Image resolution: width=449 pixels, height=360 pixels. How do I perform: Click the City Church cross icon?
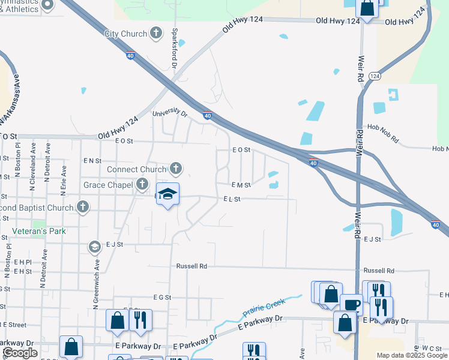pos(156,34)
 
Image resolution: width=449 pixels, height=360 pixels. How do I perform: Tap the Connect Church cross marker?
pos(176,169)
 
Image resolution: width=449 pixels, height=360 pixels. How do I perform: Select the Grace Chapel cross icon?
pos(142,184)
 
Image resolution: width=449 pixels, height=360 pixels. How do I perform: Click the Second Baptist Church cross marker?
pos(83,207)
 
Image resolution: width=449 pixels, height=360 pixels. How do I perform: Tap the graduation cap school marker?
pos(168,194)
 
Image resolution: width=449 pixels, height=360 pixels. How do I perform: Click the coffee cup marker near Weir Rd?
pos(352,305)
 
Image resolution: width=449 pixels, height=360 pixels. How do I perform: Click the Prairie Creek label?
pos(264,310)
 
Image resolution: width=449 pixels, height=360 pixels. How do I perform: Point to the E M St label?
pos(241,185)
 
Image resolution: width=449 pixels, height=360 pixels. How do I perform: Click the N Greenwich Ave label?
pos(95,283)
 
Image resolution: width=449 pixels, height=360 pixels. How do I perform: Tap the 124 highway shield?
pos(375,76)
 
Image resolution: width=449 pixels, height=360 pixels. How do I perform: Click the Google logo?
pos(20,353)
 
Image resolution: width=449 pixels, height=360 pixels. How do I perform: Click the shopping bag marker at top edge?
pos(367,8)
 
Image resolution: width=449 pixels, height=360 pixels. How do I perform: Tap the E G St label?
pos(162,297)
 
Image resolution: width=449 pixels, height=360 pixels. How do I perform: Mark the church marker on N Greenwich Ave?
pos(94,247)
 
